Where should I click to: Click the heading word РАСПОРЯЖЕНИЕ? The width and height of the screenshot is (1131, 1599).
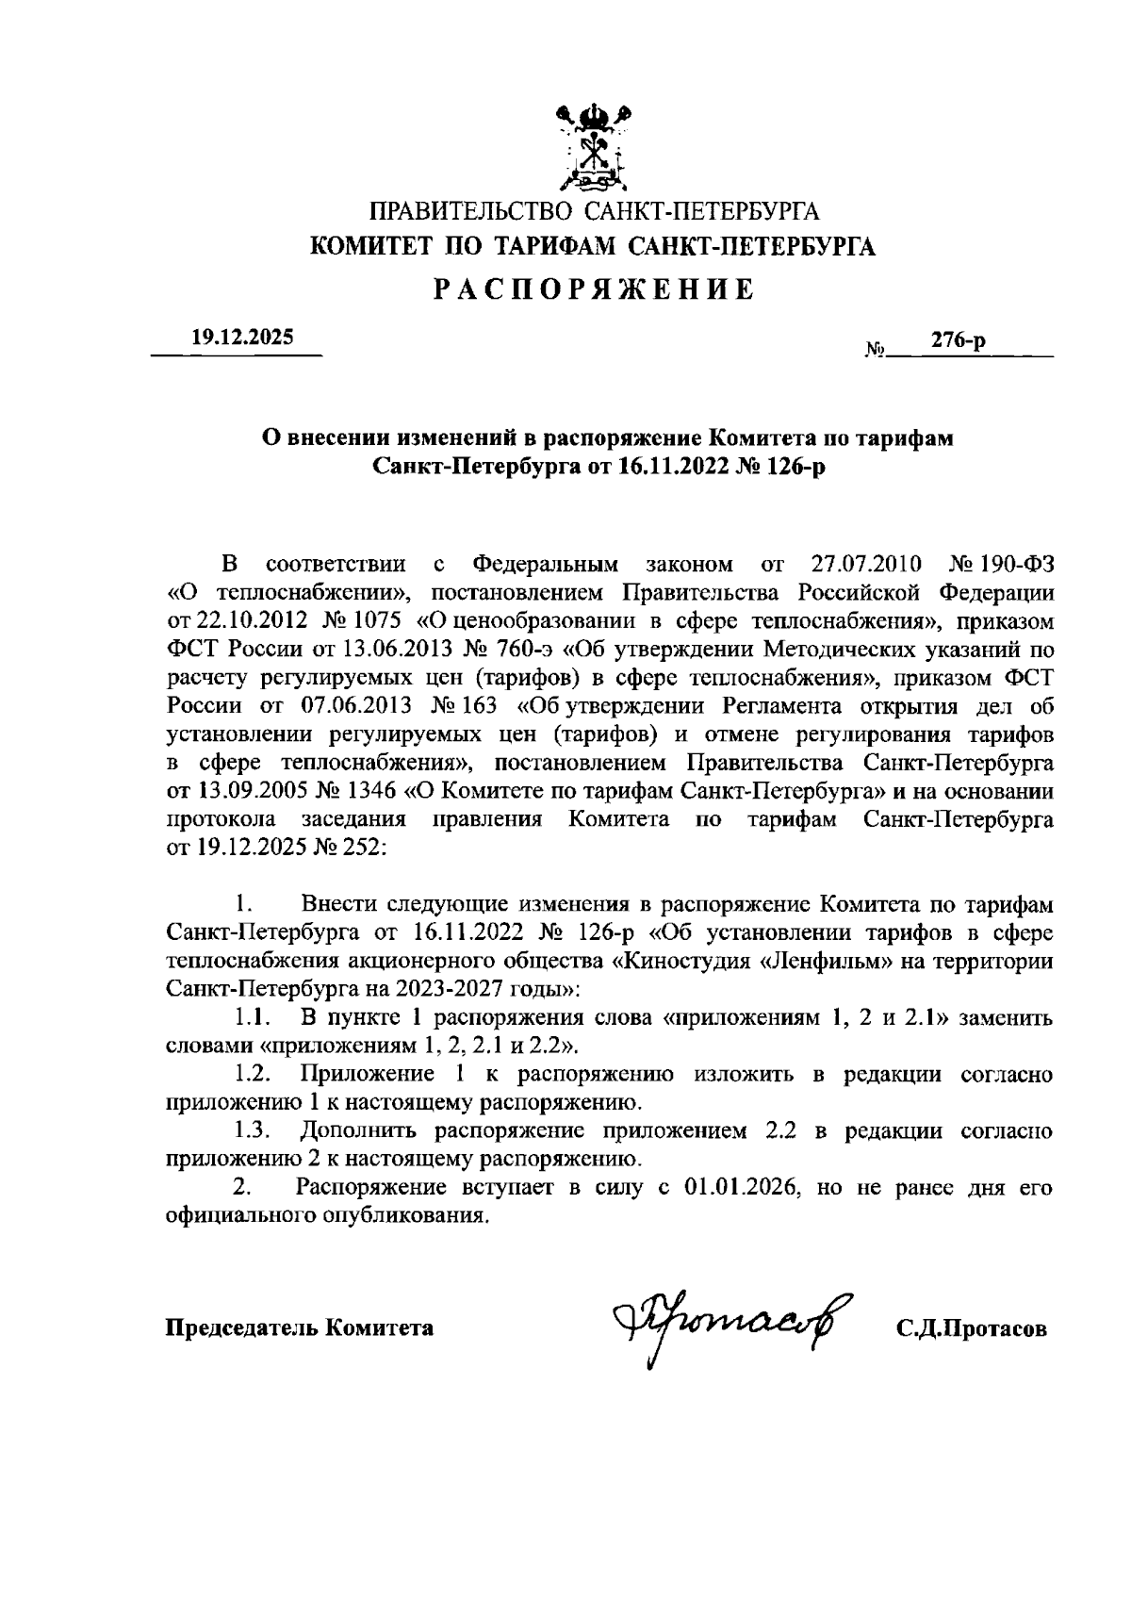click(x=595, y=289)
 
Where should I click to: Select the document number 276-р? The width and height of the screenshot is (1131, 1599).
click(x=958, y=341)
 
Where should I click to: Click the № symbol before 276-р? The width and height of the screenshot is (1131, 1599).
click(x=875, y=351)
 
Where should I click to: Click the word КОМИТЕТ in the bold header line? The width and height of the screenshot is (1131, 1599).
click(x=372, y=247)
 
